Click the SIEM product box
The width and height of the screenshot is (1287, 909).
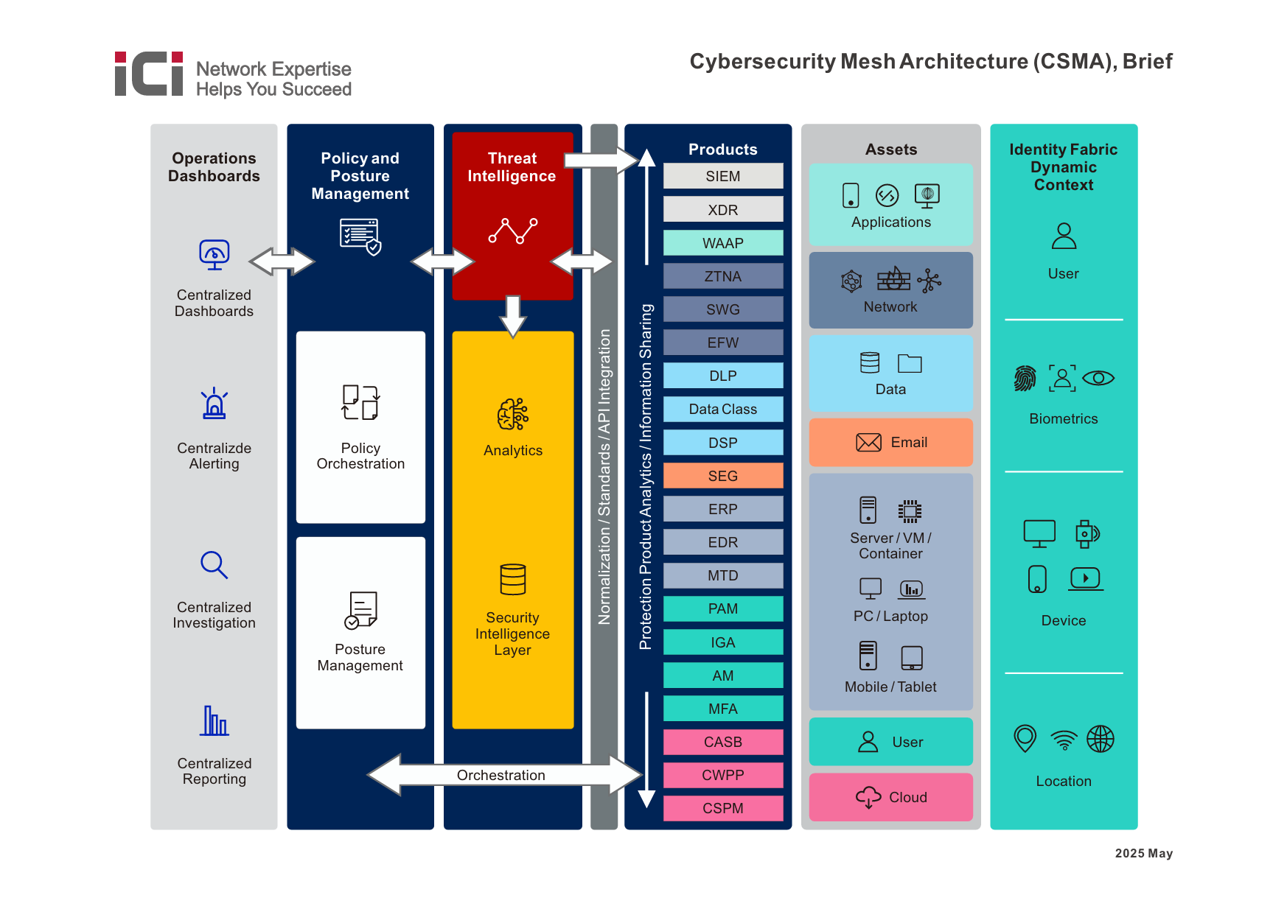[x=722, y=176]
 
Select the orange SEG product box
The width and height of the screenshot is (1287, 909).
[x=722, y=476]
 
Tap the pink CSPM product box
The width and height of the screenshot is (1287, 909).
[x=722, y=808]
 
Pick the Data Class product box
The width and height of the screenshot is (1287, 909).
[x=722, y=409]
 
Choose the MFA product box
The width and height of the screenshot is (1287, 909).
[x=722, y=709]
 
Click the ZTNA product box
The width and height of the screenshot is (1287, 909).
[x=722, y=276]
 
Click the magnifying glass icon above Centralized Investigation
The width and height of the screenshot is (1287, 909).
[x=214, y=565]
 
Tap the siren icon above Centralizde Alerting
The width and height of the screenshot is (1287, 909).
[x=214, y=404]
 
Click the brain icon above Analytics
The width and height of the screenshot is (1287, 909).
[x=512, y=415]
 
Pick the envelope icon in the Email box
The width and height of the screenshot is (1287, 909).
[x=868, y=442]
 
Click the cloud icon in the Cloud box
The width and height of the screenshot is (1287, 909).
[x=868, y=797]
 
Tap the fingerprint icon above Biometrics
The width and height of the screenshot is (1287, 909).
[x=1025, y=379]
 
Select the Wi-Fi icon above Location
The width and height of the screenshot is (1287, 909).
[x=1063, y=740]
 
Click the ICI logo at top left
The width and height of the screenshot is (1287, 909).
[x=149, y=74]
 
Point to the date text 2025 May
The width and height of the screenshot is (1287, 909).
[x=1143, y=853]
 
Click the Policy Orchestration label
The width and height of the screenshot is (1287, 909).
[x=360, y=456]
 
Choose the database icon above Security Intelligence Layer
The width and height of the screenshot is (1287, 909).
[x=512, y=580]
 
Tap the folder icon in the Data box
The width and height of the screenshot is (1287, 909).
[x=910, y=363]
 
